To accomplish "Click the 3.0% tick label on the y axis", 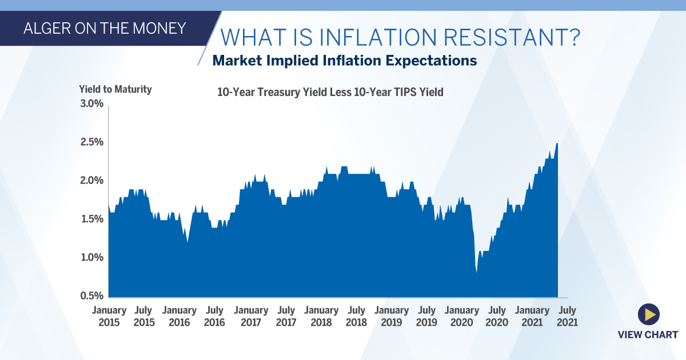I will (x=91, y=104).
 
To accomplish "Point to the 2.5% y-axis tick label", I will (x=91, y=142).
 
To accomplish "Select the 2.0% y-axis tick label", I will (x=91, y=181).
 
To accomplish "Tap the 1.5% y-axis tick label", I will (x=91, y=219).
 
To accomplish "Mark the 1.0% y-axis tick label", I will (x=91, y=258).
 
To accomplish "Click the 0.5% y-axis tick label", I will (x=91, y=296).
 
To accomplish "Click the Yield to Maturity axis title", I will (x=115, y=89).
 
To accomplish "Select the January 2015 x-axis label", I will (x=109, y=316).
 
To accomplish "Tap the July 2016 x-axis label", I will (x=214, y=316).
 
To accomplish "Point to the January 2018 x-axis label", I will (x=321, y=316).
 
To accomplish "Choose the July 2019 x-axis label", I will (x=427, y=316).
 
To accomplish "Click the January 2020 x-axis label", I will (x=462, y=316).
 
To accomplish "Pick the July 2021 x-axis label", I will (x=567, y=316).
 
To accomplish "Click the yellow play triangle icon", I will (x=648, y=314).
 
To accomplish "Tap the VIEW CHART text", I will (x=648, y=335).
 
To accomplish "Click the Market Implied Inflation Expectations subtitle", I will (x=344, y=61).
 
